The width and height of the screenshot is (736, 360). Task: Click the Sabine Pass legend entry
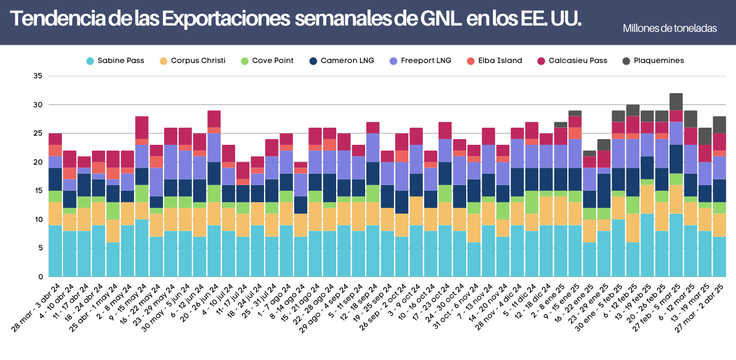pos(115,61)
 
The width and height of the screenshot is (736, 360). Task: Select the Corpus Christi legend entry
pos(193,61)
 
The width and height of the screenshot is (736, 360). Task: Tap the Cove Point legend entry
pos(267,61)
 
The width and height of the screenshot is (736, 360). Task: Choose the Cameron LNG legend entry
pos(342,61)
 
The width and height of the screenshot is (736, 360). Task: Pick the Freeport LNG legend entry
pos(420,61)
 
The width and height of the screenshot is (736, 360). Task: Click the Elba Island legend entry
pos(495,61)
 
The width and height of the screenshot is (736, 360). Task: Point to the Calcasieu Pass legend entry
pos(572,61)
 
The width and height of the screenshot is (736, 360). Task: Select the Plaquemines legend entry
pos(653,61)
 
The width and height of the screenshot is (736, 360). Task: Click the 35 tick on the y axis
pos(38,76)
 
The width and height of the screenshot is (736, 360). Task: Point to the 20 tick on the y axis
pos(38,162)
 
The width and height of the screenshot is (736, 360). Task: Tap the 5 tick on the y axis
pos(40,248)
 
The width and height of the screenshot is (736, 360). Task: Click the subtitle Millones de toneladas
pos(670,28)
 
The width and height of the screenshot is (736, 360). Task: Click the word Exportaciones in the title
pos(225,19)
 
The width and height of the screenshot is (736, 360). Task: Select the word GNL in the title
pos(440,19)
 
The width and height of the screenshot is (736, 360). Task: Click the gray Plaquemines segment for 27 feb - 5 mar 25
pos(676,102)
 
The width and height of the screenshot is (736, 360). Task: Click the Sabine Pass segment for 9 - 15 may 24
pos(141,248)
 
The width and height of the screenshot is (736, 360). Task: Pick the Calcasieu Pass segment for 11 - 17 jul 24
pos(243,170)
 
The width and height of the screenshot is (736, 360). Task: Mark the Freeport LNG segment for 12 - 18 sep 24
pos(373,148)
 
